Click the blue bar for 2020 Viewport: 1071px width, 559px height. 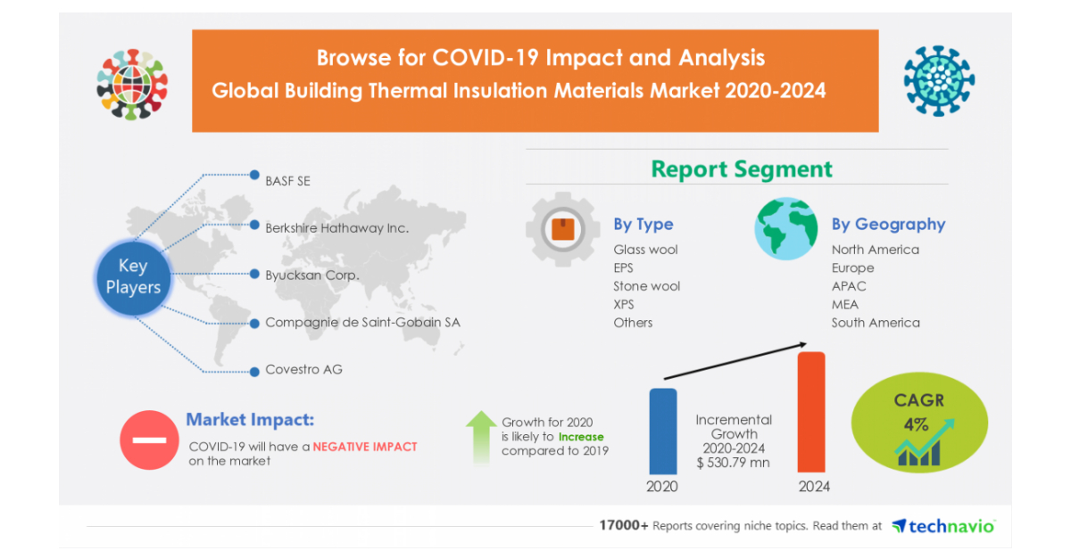point(662,431)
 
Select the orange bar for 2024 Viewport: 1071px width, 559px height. point(810,412)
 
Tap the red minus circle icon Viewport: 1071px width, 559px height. point(148,440)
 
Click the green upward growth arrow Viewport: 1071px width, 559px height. point(481,436)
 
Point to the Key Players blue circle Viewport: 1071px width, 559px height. point(133,276)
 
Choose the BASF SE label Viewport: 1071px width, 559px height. point(287,180)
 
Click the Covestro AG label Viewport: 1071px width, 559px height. point(303,369)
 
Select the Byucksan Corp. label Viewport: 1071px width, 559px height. point(311,275)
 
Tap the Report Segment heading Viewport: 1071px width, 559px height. point(742,169)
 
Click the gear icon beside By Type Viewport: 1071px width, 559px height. point(562,229)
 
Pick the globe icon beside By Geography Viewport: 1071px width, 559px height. point(785,229)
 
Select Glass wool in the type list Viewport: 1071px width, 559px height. point(645,250)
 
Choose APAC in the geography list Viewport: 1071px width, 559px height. point(849,286)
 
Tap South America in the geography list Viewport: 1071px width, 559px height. point(876,323)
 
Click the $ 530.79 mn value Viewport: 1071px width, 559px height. point(734,463)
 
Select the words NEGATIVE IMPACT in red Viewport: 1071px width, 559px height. point(365,447)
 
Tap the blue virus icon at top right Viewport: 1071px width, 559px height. point(938,81)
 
